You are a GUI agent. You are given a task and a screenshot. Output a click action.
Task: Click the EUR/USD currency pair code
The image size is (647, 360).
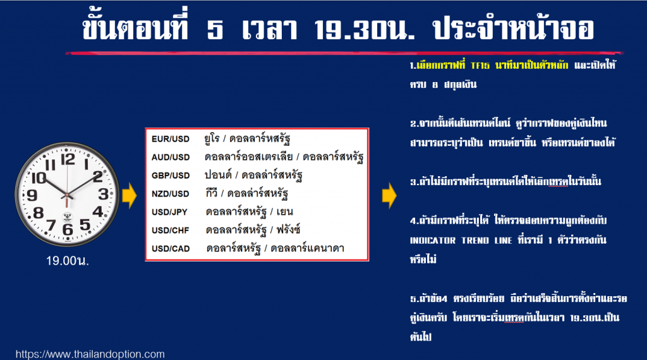[x=171, y=139]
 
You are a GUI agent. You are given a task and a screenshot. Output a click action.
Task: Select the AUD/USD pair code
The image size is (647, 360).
[x=171, y=157]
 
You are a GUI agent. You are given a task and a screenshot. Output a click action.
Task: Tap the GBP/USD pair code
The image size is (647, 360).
[x=171, y=176]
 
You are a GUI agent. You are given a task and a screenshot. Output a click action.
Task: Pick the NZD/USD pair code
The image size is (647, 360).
[x=170, y=194]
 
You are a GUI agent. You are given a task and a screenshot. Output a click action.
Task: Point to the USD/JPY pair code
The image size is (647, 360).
[x=169, y=212]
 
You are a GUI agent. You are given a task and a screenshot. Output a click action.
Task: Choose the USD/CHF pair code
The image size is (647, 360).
[x=170, y=230]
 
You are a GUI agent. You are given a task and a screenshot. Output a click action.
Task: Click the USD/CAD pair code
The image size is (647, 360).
[x=171, y=249]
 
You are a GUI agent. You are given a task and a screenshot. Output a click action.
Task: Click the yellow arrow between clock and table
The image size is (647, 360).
[x=130, y=195]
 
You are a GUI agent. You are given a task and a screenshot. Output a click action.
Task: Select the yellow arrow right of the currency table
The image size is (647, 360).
[x=389, y=195]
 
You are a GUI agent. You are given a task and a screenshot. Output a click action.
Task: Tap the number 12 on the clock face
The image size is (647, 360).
[x=68, y=159]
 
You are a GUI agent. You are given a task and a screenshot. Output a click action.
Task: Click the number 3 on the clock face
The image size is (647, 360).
[x=103, y=194]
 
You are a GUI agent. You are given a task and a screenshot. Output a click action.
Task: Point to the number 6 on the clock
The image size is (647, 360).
[x=68, y=229]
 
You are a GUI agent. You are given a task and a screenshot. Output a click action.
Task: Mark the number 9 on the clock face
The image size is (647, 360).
[x=32, y=195]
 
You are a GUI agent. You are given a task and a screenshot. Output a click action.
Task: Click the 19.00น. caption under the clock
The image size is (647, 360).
[x=67, y=261]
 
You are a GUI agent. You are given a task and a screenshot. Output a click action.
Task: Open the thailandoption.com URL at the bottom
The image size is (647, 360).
[x=90, y=354]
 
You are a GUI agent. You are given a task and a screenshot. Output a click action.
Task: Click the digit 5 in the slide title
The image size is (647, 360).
[x=215, y=30]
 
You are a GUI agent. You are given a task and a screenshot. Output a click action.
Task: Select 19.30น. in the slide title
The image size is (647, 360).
[x=364, y=30]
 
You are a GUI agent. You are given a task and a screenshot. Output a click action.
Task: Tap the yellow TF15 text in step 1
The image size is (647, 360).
[x=480, y=66]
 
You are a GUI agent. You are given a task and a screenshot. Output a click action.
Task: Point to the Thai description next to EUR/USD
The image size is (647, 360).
[x=247, y=138]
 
